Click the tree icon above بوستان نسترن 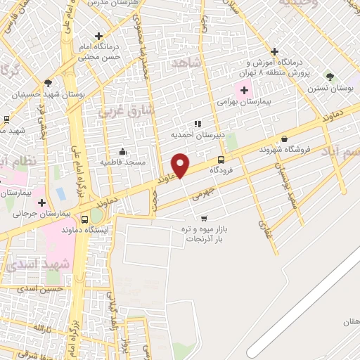point(330,77)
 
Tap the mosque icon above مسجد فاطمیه point(122,151)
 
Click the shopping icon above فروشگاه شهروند point(284,139)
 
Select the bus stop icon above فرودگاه point(221,160)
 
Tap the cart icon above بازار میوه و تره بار point(204,219)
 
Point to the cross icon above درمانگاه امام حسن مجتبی point(98,36)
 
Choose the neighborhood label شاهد point(186,64)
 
